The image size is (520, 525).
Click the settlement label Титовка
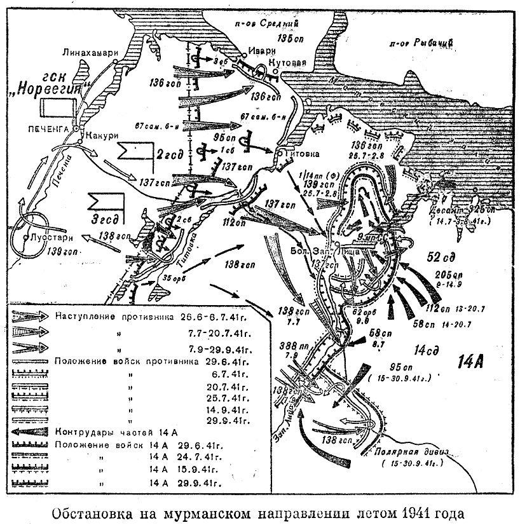[299, 153]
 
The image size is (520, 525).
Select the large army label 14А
[472, 362]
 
